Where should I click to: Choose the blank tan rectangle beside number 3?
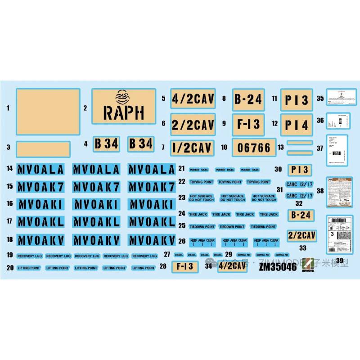click(x=43, y=149)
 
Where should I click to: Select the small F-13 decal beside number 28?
click(x=185, y=266)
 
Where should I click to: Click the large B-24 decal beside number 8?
click(x=248, y=99)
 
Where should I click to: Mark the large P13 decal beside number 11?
click(x=297, y=99)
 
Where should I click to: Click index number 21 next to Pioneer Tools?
click(x=181, y=169)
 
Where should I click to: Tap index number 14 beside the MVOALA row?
click(x=9, y=169)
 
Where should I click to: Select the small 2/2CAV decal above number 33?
click(x=302, y=235)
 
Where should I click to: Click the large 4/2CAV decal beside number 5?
click(x=193, y=99)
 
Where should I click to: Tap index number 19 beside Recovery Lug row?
click(x=9, y=255)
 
